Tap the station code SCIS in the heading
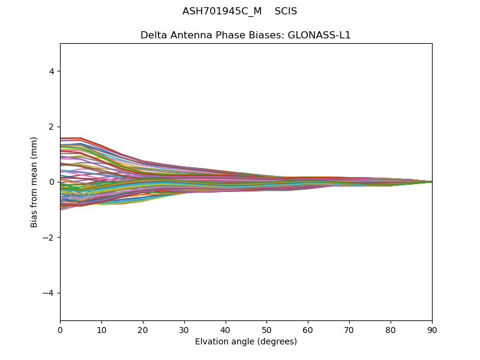click(286, 11)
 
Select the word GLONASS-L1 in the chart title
click(320, 35)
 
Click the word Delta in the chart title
click(153, 35)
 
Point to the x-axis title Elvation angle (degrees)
click(246, 342)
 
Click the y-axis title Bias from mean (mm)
click(34, 182)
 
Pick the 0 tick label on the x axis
click(60, 329)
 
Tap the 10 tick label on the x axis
click(101, 329)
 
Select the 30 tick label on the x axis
click(184, 329)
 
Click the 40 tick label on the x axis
click(226, 329)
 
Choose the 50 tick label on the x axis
click(266, 329)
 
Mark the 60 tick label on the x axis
click(308, 329)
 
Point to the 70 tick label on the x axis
click(349, 329)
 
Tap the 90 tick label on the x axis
click(432, 329)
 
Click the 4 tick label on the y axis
click(52, 71)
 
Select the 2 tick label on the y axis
click(52, 127)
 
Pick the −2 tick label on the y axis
click(49, 238)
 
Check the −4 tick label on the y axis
click(49, 293)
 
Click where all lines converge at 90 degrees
click(431, 182)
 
